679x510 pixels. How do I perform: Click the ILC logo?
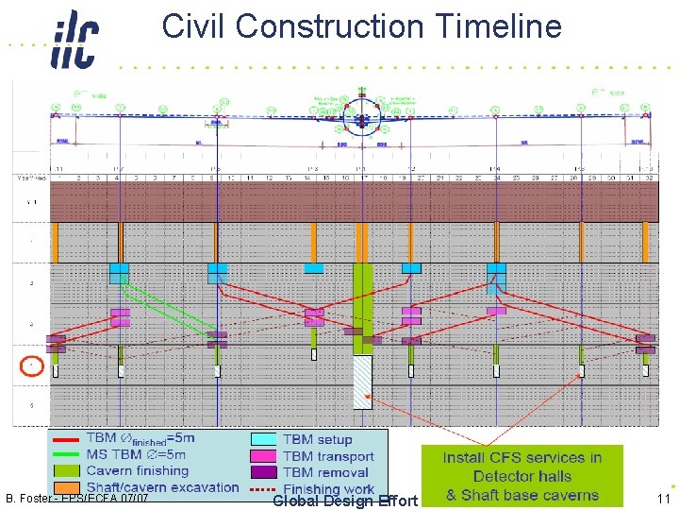[x=74, y=39]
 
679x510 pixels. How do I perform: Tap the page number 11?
[x=663, y=498]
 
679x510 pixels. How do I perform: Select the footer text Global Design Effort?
[x=344, y=501]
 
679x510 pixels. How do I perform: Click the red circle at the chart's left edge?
[x=32, y=365]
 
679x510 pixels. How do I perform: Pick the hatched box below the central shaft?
[x=363, y=382]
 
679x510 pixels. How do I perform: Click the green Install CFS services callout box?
[x=522, y=476]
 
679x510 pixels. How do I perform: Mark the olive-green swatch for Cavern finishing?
[x=67, y=471]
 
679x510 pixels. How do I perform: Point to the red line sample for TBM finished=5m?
[x=67, y=439]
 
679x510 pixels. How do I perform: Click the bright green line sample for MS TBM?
[x=67, y=455]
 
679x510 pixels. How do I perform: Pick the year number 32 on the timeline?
[x=650, y=177]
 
